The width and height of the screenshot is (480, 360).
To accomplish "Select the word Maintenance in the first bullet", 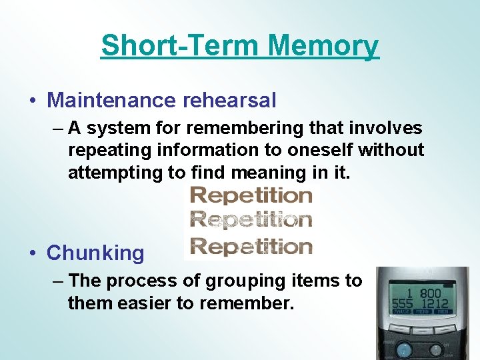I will [109, 101].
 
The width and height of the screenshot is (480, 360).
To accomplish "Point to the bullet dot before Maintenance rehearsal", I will [33, 101].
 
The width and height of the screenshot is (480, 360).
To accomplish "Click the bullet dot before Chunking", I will [33, 253].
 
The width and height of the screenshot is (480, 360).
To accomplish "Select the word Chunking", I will [95, 253].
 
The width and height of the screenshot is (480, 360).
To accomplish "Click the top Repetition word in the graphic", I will [251, 195].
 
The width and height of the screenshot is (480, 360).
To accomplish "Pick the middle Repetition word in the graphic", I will [251, 220].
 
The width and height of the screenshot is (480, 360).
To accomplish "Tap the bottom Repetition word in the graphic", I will [251, 247].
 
